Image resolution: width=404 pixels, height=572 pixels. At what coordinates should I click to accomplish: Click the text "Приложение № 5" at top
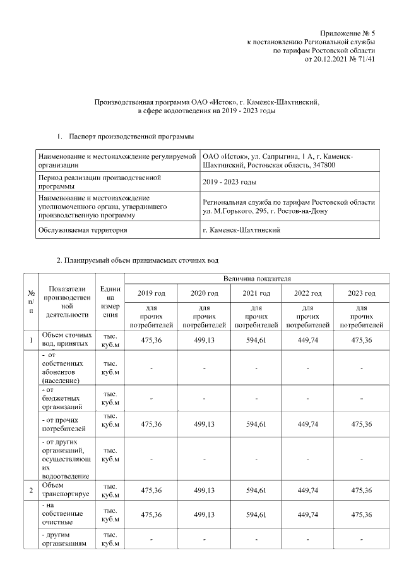click(347, 32)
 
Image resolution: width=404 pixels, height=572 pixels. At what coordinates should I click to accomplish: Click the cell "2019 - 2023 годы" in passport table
click(229, 182)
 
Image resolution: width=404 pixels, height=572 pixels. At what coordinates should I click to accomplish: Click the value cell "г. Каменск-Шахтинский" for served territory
click(242, 230)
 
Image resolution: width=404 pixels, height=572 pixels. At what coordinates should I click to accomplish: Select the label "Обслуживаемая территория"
click(83, 230)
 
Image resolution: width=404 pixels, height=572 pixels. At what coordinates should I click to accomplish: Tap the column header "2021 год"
click(256, 293)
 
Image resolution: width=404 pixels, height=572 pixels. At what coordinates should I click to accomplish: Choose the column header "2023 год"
click(361, 293)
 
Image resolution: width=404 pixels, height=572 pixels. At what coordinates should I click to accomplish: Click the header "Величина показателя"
click(256, 278)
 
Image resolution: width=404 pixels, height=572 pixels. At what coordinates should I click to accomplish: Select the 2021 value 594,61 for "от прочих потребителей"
click(256, 424)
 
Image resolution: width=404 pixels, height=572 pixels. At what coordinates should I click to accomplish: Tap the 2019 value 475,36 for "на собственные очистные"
click(151, 514)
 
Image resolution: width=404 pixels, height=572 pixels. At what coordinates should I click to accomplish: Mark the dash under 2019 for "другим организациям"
click(151, 539)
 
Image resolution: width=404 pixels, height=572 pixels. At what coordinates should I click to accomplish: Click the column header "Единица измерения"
click(110, 301)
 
